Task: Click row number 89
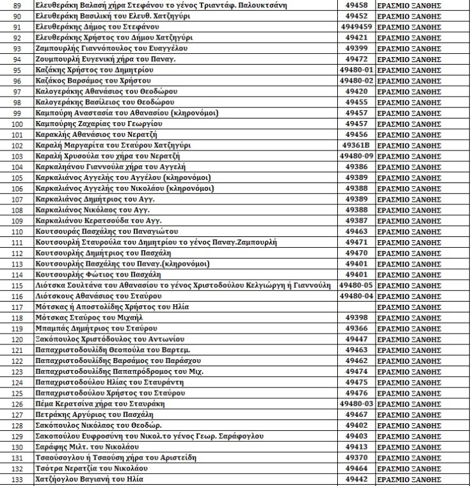[x=17, y=4]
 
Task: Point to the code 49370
[x=355, y=458]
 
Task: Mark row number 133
[x=17, y=480]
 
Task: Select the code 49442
[x=355, y=480]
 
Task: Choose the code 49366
[x=355, y=328]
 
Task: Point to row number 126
[x=17, y=404]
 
